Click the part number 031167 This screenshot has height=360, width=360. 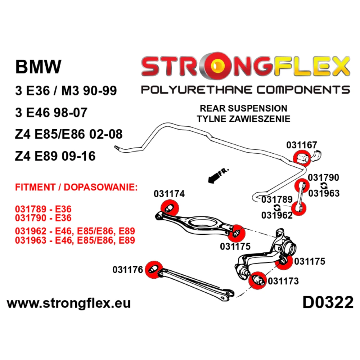point(301,145)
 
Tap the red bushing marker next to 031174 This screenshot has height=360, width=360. point(170,208)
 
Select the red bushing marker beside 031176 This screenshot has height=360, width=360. point(154,269)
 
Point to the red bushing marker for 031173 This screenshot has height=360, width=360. point(257,280)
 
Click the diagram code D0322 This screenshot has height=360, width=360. point(328,302)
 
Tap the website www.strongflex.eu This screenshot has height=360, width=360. point(69,303)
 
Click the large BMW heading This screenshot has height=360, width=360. point(39,67)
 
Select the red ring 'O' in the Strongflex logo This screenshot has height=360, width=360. point(216,66)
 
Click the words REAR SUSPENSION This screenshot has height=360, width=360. point(243,108)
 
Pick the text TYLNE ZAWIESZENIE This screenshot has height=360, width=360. point(243,119)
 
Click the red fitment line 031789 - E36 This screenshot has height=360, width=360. point(43,209)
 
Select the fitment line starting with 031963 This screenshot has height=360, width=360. point(75,240)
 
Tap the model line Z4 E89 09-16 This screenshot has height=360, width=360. point(55,156)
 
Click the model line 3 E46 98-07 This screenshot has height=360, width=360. point(51,112)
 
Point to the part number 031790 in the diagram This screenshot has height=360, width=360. point(323,177)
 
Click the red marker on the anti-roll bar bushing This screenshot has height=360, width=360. point(302,158)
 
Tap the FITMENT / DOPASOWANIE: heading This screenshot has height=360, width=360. point(76,187)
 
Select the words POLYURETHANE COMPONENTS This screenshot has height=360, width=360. point(246,90)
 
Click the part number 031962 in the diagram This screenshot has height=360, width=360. point(277,215)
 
